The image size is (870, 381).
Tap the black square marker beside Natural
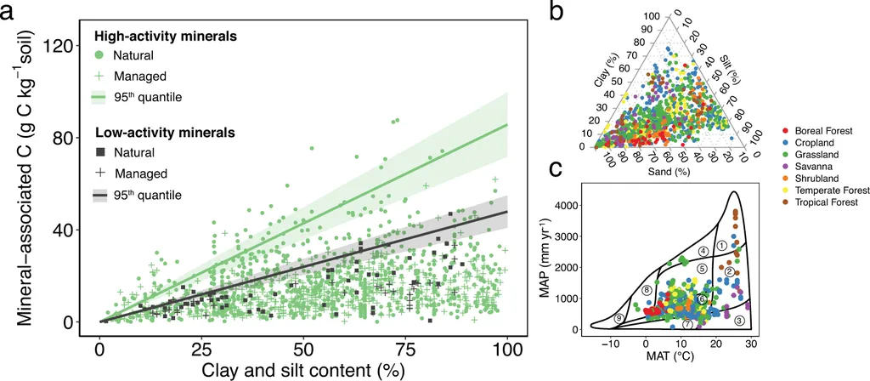click(x=99, y=152)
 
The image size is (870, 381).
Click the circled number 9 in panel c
click(x=619, y=318)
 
